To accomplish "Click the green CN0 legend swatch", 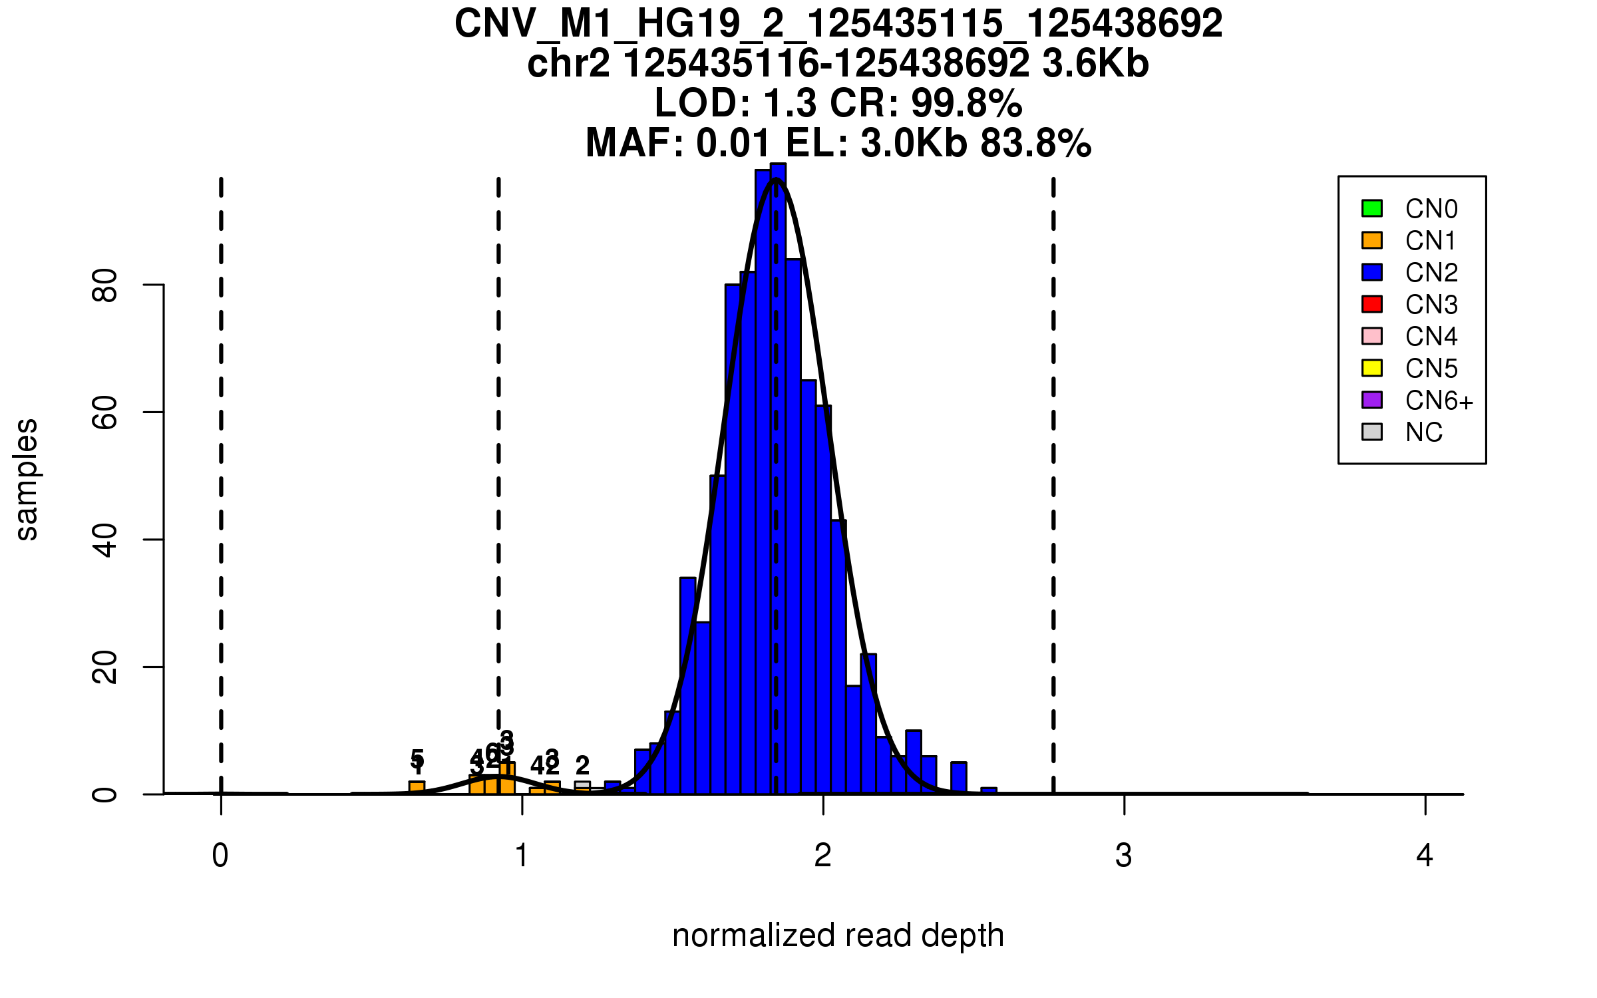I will (1371, 208).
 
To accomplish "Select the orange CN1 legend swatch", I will (1371, 240).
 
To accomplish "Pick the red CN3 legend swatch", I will (1371, 304).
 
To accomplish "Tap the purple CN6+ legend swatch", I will (1371, 400).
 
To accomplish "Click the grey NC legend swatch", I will (1371, 432).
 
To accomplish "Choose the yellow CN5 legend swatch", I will (1371, 368).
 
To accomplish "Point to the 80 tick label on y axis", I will (105, 285).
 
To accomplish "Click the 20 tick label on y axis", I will (105, 667).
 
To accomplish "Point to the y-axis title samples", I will (27, 479).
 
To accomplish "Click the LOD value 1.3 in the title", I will (790, 103).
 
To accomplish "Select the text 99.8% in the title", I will (966, 103).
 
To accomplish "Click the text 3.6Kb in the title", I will (1095, 64).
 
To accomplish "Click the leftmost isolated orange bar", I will (417, 788).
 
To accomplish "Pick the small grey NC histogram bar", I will (582, 787).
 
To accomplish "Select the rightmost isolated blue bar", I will (989, 791).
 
